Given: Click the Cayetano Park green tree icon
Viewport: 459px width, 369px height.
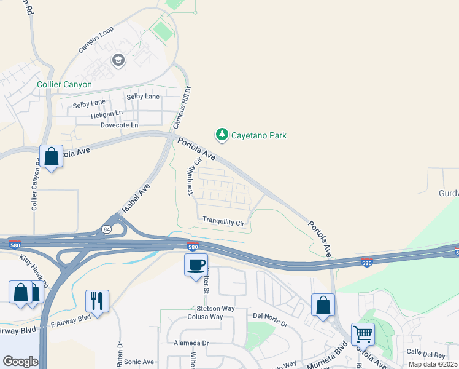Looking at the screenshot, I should tap(222, 134).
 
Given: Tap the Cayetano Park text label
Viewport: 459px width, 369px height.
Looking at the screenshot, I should tap(259, 135).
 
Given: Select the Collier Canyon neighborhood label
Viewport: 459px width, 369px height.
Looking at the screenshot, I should tap(64, 84).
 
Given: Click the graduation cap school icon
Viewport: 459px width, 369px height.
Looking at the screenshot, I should tap(118, 60).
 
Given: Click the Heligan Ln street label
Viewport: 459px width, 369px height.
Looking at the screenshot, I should tap(107, 114).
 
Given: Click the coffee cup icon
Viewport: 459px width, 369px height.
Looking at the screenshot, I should tap(196, 265).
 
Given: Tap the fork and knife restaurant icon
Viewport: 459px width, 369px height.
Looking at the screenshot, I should tap(97, 301).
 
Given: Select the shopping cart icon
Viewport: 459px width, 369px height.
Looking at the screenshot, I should tap(363, 334).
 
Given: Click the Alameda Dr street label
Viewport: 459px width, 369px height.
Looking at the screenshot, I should tap(191, 343).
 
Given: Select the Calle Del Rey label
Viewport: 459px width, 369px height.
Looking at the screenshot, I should tap(425, 354).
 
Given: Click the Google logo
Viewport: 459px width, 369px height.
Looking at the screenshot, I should tap(20, 361).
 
